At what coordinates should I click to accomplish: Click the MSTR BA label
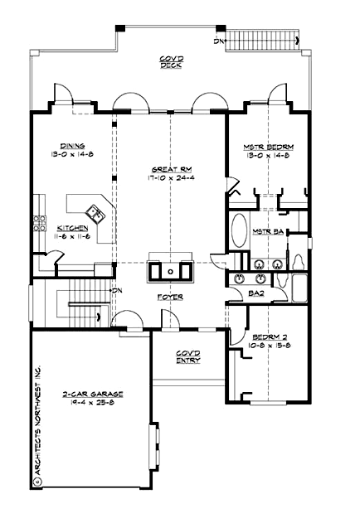269,231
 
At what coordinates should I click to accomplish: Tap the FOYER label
171,297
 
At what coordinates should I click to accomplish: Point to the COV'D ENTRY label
187,356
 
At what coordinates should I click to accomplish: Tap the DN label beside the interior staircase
117,290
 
